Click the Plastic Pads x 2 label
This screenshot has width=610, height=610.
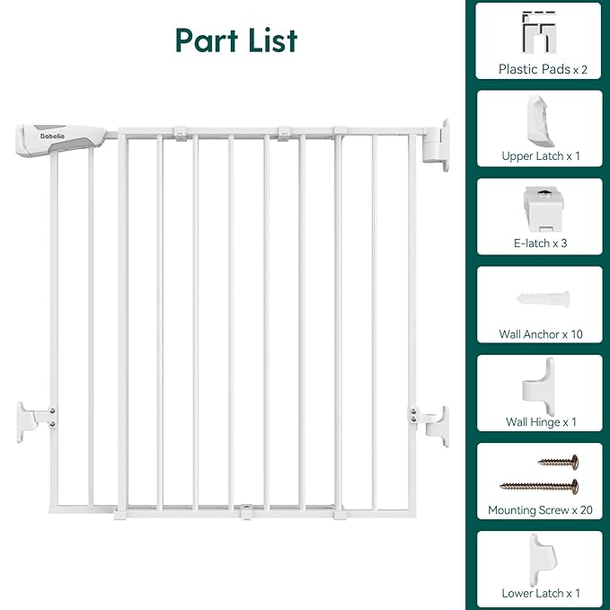coord(538,69)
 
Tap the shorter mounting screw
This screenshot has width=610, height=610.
coord(558,462)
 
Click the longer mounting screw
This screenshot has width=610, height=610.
coord(539,486)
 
